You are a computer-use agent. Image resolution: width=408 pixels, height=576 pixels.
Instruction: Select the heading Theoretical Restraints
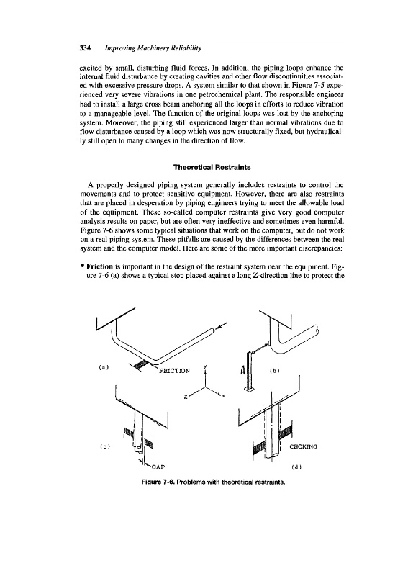point(212,168)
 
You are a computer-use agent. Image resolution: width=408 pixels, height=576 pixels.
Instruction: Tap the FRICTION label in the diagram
point(174,371)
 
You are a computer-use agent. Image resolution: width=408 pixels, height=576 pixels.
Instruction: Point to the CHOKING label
point(304,446)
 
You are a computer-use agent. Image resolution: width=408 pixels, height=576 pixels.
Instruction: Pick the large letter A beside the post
point(242,370)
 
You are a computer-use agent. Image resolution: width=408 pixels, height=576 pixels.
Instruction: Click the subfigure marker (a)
point(104,366)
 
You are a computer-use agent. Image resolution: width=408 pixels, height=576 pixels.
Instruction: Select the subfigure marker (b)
point(275,371)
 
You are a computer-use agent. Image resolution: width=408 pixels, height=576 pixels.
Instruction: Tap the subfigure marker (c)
point(105,446)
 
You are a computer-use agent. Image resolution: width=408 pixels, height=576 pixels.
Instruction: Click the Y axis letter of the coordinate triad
point(205,367)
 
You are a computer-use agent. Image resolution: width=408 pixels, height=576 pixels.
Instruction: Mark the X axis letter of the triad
point(223,396)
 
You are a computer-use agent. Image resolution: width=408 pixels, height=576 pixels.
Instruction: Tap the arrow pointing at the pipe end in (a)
point(220,326)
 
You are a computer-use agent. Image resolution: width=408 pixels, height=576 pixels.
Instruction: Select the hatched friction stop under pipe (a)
point(141,365)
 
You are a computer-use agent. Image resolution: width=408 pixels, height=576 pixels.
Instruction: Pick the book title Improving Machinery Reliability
point(153,48)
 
